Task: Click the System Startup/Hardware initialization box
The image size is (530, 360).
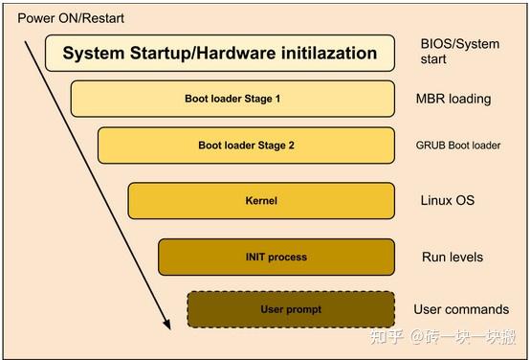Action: pyautogui.click(x=220, y=54)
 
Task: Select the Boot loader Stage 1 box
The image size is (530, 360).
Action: pyautogui.click(x=232, y=99)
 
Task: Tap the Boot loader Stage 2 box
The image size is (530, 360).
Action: pyautogui.click(x=246, y=146)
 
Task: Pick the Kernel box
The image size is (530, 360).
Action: pyautogui.click(x=260, y=201)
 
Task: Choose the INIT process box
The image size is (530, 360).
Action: pyautogui.click(x=276, y=257)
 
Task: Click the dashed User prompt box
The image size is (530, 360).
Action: pyautogui.click(x=291, y=309)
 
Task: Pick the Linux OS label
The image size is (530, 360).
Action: pyautogui.click(x=447, y=201)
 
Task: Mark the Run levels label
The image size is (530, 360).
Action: pyautogui.click(x=452, y=257)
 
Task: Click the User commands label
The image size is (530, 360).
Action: pyautogui.click(x=461, y=309)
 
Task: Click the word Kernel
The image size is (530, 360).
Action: pyautogui.click(x=260, y=201)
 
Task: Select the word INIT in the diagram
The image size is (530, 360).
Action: pyautogui.click(x=259, y=257)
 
